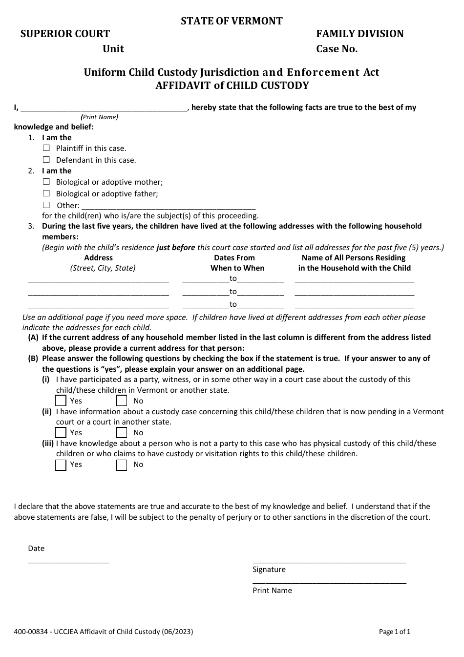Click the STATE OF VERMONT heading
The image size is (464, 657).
click(x=232, y=21)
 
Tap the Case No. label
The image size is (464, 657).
click(x=337, y=49)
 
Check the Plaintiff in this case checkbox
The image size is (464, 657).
click(x=46, y=148)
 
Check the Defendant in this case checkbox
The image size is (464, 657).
click(x=46, y=160)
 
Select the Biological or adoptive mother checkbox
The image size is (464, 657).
click(x=46, y=182)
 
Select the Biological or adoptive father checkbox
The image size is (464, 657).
click(x=46, y=193)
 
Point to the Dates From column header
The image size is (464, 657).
click(x=234, y=258)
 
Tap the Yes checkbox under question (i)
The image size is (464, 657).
click(x=61, y=401)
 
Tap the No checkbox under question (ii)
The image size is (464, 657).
click(x=121, y=432)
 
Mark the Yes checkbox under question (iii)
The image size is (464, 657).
click(x=61, y=465)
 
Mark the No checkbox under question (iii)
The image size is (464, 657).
click(x=121, y=465)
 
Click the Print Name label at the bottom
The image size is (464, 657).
click(x=272, y=590)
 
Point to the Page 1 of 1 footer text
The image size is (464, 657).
click(x=395, y=632)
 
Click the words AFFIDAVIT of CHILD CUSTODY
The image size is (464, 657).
click(x=232, y=86)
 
